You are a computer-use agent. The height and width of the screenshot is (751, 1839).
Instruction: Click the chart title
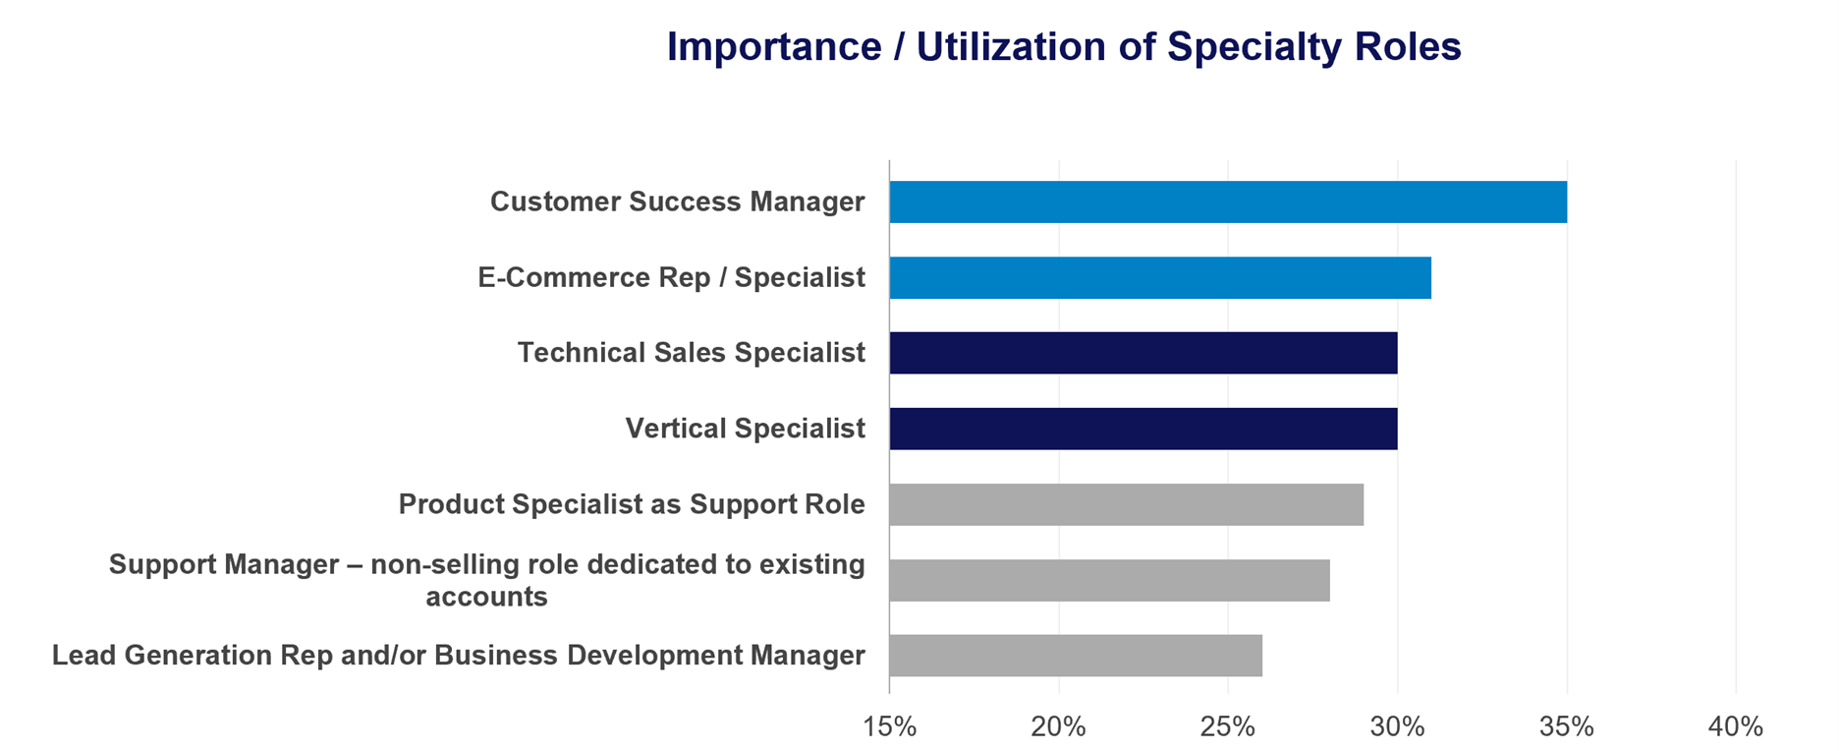point(1064,47)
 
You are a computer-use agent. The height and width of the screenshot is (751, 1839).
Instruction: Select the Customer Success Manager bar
point(1228,202)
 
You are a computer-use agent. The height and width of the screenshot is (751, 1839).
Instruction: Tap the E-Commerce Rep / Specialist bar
point(1160,277)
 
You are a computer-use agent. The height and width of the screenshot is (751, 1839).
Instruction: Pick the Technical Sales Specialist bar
point(1143,353)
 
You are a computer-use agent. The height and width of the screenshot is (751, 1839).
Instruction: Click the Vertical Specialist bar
point(1143,429)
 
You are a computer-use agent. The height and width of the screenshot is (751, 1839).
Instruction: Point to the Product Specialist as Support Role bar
point(1127,504)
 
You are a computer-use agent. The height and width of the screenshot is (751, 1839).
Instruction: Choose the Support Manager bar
point(1110,580)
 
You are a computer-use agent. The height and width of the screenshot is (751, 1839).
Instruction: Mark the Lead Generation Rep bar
point(1076,656)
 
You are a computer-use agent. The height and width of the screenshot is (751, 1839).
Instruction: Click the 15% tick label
point(889,726)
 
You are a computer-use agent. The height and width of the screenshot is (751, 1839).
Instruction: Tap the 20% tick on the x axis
point(1059,726)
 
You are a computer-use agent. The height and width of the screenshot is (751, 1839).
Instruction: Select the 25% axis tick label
point(1228,726)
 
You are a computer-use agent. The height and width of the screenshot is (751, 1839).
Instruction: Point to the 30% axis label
point(1398,726)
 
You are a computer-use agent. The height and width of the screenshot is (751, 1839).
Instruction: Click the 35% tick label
point(1567,726)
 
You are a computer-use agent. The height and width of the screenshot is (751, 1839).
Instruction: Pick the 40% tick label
point(1736,726)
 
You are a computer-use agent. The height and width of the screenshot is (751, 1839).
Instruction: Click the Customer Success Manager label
point(678,202)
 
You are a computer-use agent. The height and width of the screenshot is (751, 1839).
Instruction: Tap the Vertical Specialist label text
point(746,429)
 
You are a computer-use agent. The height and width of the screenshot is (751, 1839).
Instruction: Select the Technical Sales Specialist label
point(692,353)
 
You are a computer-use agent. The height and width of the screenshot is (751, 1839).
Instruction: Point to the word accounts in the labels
point(486,597)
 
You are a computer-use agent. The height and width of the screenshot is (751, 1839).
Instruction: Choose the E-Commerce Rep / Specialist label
point(672,277)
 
